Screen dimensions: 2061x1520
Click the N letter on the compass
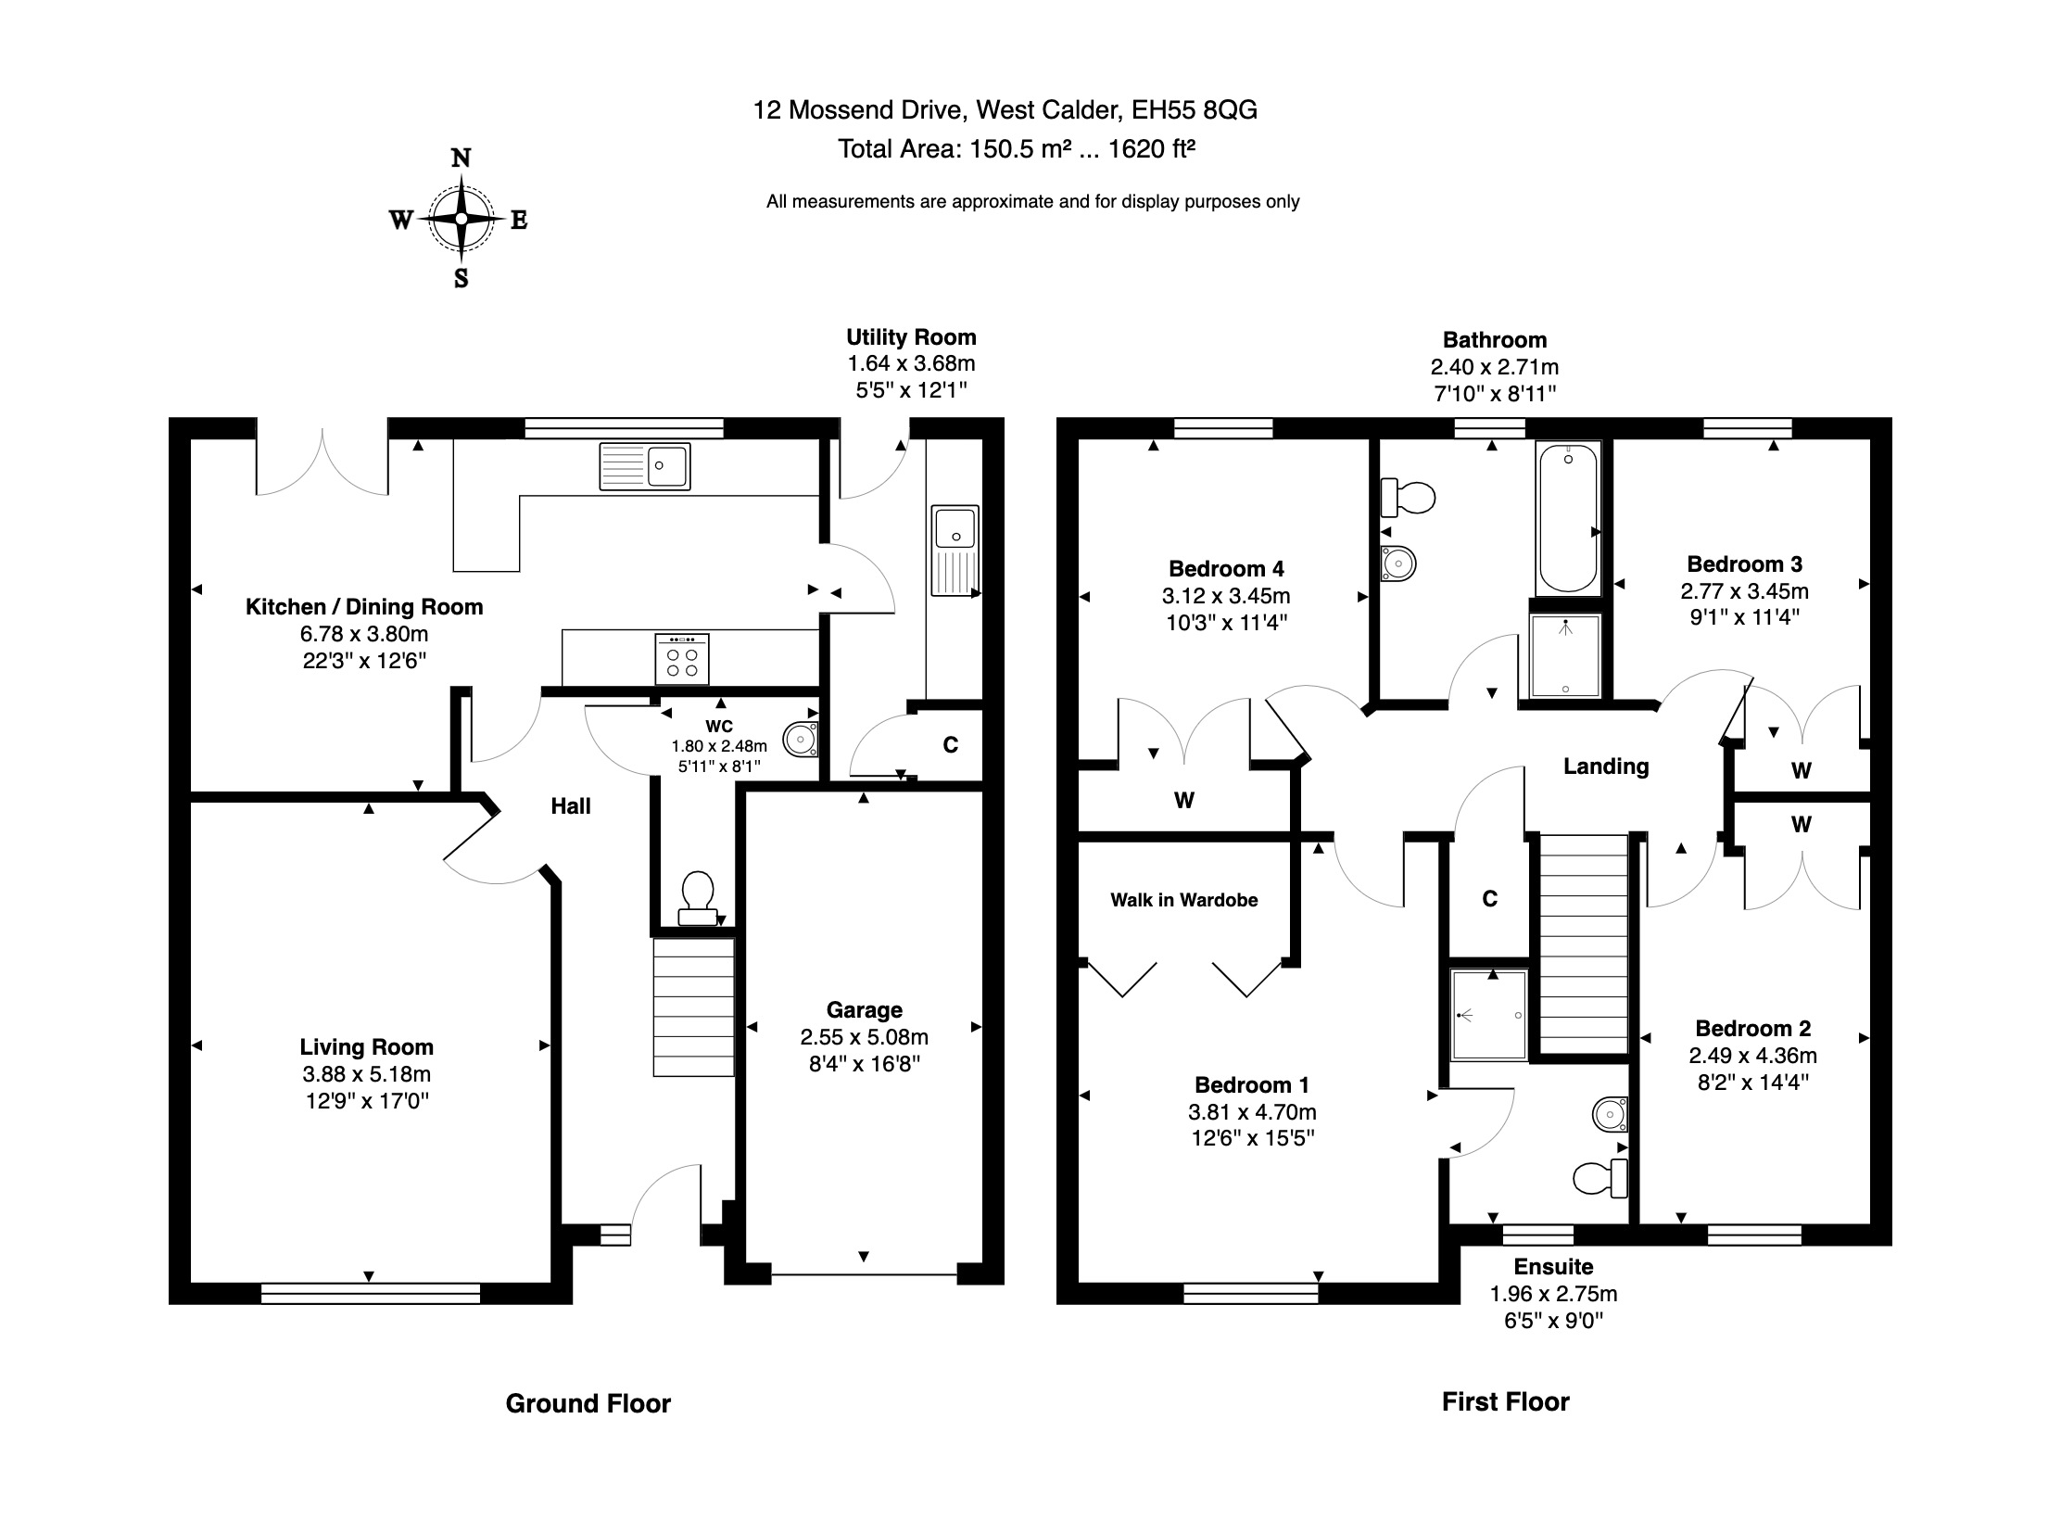coord(461,158)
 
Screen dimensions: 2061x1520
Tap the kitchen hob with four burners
coord(682,659)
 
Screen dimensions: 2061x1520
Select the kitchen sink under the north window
coord(645,465)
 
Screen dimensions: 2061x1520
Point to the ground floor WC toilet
coord(697,898)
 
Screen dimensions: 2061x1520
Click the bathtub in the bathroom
coord(1568,518)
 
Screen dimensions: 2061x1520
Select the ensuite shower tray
coord(1488,1014)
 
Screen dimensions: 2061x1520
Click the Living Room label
coord(367,1047)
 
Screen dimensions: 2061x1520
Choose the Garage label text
coord(865,1010)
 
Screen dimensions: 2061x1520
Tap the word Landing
coord(1606,766)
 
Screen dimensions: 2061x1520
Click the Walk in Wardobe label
coord(1184,900)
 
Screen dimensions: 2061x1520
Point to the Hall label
coord(571,806)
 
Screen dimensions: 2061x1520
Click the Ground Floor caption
coord(588,1403)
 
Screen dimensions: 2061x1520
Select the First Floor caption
coord(1506,1401)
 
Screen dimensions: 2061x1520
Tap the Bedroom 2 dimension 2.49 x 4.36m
coord(1752,1056)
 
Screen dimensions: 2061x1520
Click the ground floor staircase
coord(694,1007)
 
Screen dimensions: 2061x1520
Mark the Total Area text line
coord(1017,149)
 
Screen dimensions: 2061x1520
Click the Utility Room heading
coord(911,337)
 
